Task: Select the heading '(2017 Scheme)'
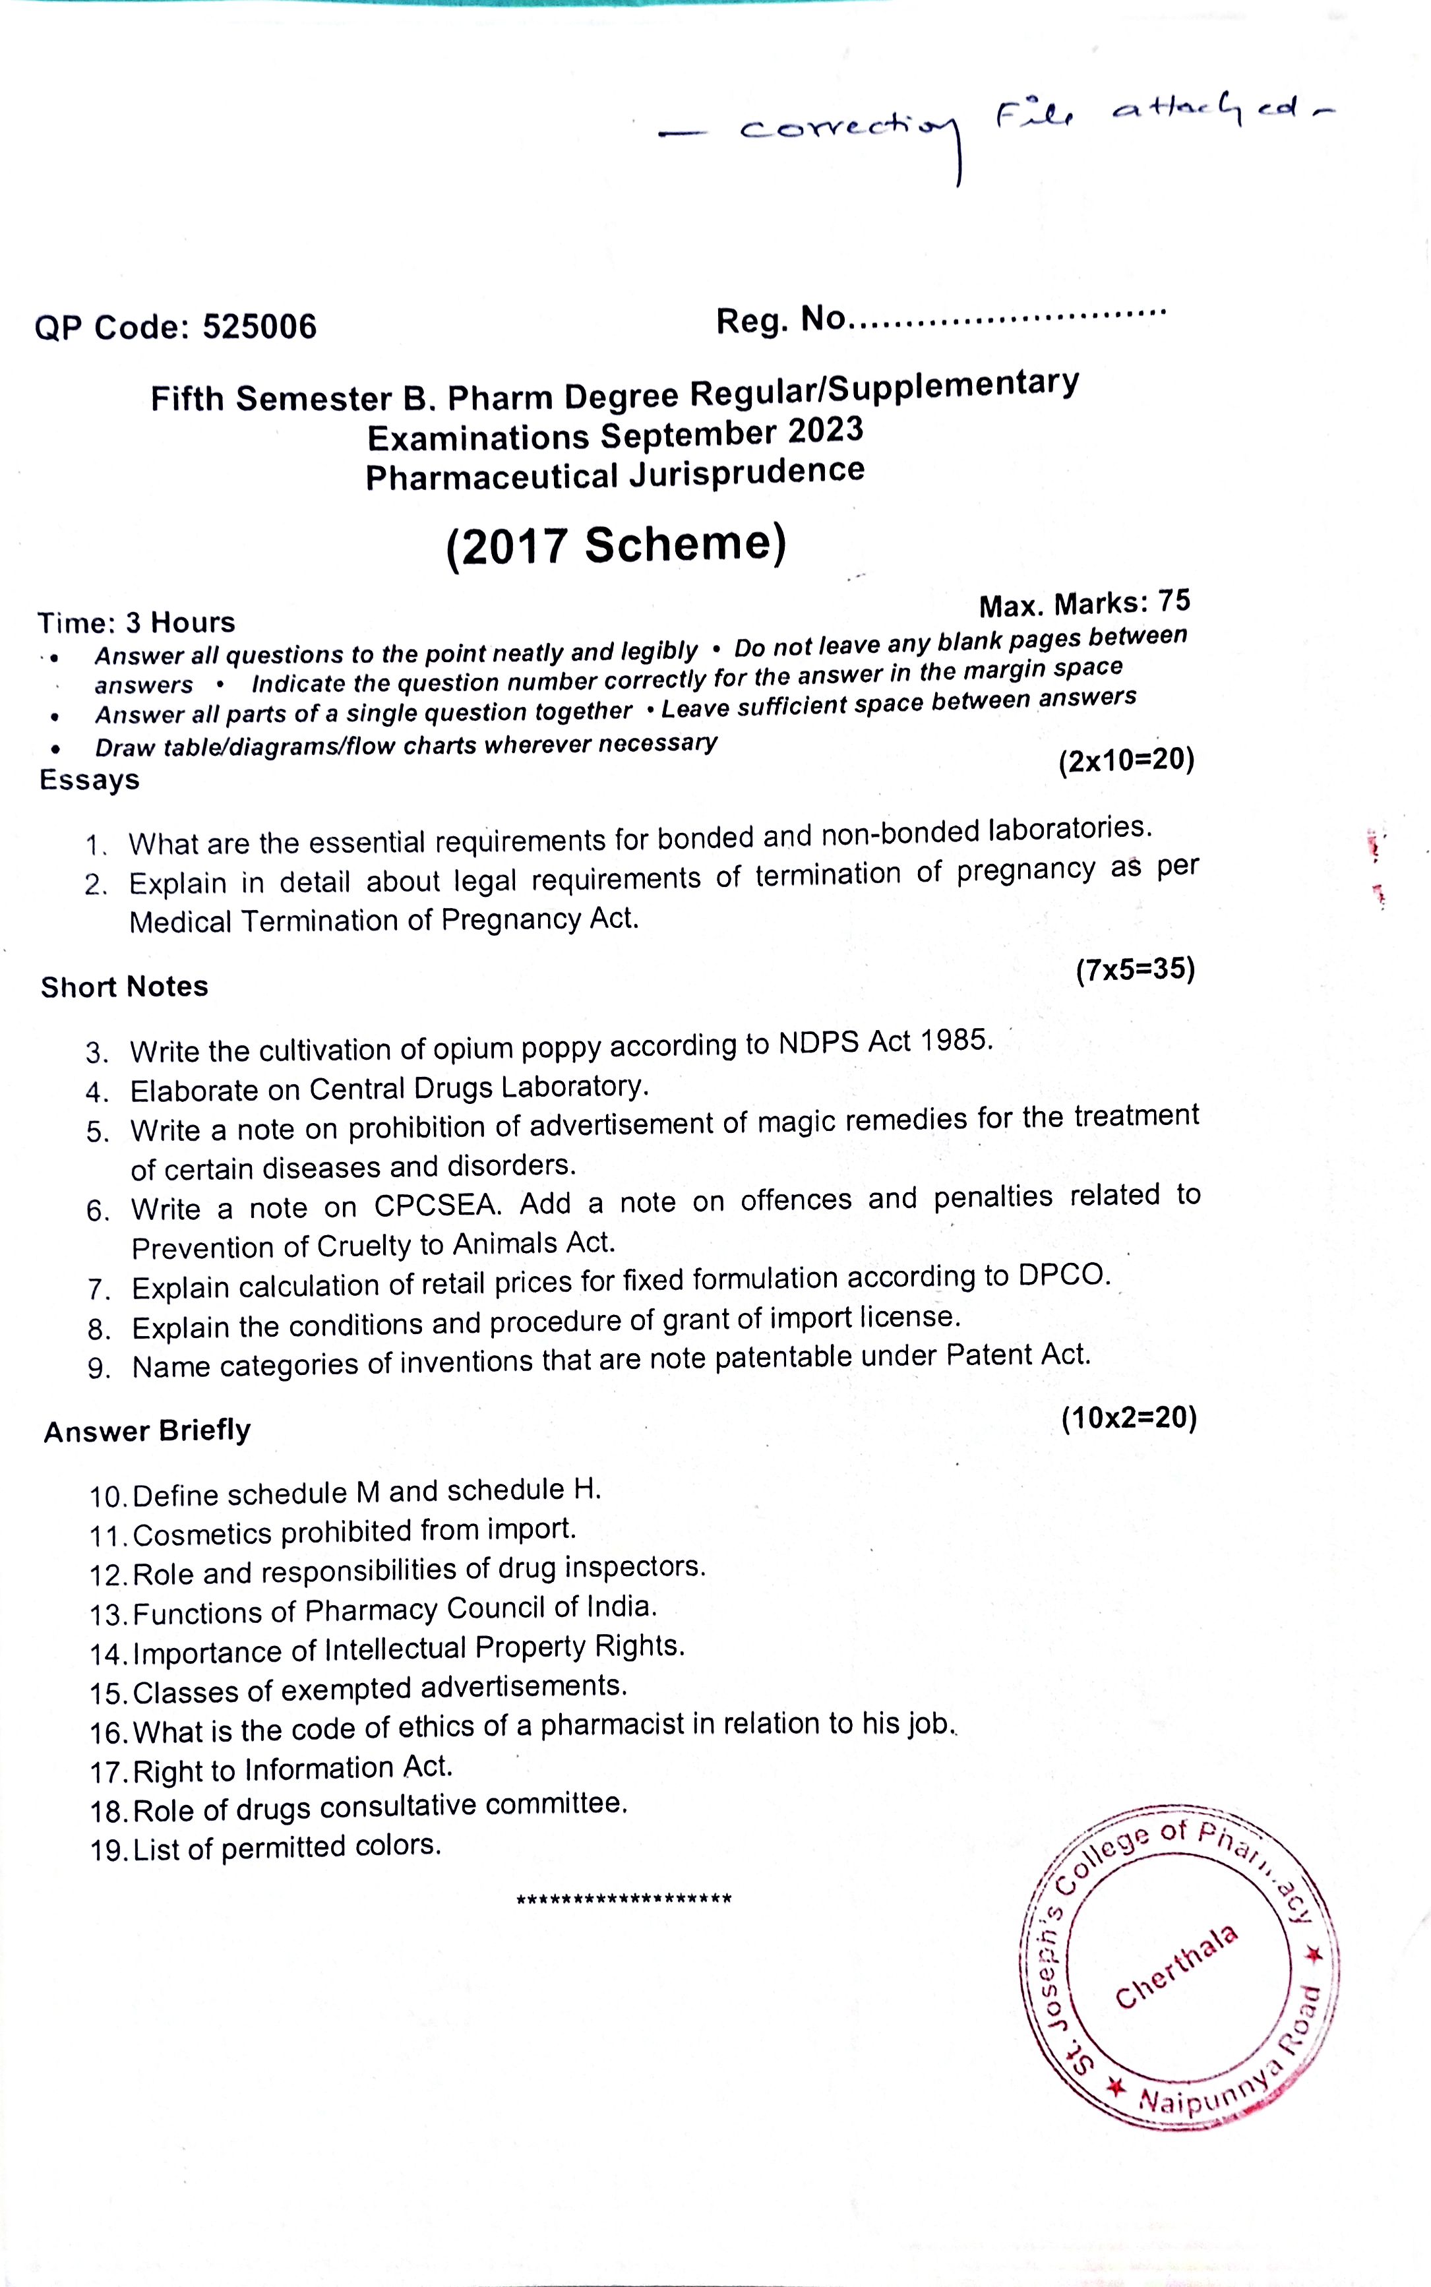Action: tap(616, 545)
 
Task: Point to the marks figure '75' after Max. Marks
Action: tap(1174, 600)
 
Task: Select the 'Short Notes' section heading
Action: tap(124, 987)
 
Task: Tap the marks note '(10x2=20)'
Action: tap(1129, 1417)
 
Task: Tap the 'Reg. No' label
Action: tap(780, 320)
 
